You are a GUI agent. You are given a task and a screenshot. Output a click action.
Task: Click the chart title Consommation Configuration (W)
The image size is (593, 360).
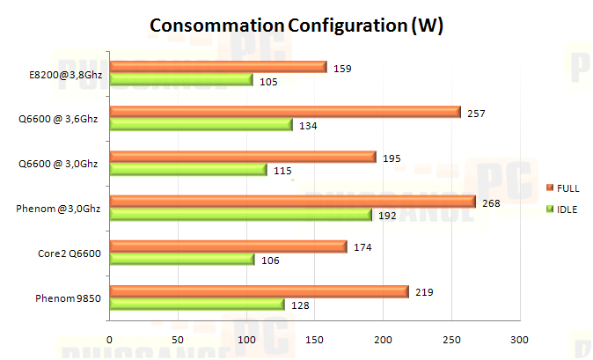(x=296, y=26)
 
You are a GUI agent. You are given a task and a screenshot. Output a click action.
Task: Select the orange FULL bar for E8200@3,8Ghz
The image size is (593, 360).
(x=217, y=67)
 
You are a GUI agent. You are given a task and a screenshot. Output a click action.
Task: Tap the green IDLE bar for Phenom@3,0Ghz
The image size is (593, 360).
(x=240, y=214)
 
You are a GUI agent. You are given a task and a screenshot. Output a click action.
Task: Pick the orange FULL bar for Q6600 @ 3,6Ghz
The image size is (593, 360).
(x=284, y=112)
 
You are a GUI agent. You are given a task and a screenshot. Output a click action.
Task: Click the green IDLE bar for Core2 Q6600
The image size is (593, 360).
(x=181, y=259)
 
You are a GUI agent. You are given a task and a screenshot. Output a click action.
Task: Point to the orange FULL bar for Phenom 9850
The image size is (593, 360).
(x=259, y=291)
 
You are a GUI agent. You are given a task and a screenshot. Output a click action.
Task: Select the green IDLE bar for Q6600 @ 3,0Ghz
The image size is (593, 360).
(x=187, y=170)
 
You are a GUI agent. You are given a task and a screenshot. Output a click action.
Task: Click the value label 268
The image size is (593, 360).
(x=490, y=202)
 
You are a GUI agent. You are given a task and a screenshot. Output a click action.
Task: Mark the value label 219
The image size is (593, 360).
(x=424, y=292)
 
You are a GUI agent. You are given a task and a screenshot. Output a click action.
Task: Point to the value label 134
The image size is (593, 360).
(x=308, y=126)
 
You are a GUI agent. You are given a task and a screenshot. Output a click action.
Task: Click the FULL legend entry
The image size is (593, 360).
(x=563, y=187)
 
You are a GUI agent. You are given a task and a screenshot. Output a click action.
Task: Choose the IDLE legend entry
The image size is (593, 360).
(x=563, y=209)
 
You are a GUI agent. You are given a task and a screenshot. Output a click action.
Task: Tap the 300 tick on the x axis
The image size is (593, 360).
(x=520, y=339)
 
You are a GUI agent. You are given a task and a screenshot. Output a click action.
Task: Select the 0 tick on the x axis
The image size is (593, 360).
(x=110, y=339)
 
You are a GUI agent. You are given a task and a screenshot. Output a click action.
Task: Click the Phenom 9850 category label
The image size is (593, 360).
(x=70, y=299)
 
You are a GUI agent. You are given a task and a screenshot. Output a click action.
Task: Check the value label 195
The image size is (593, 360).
(x=392, y=158)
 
